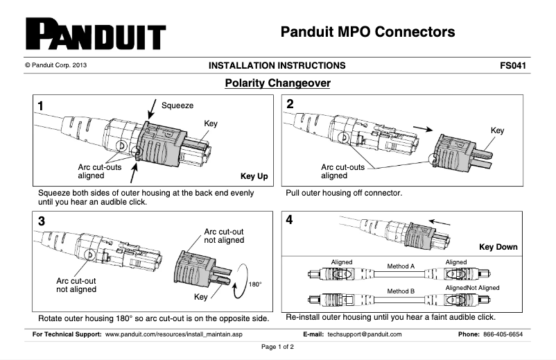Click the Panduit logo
96,34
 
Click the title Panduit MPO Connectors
367,31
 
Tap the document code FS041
515,66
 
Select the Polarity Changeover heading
277,83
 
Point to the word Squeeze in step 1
177,105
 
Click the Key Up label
254,176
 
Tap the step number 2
290,105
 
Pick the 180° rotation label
256,284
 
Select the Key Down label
498,247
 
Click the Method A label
400,266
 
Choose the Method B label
400,291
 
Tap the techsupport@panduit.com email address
365,334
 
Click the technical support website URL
173,334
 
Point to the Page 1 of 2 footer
277,346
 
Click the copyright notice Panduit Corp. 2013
55,66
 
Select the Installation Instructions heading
277,66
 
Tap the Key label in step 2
497,130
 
